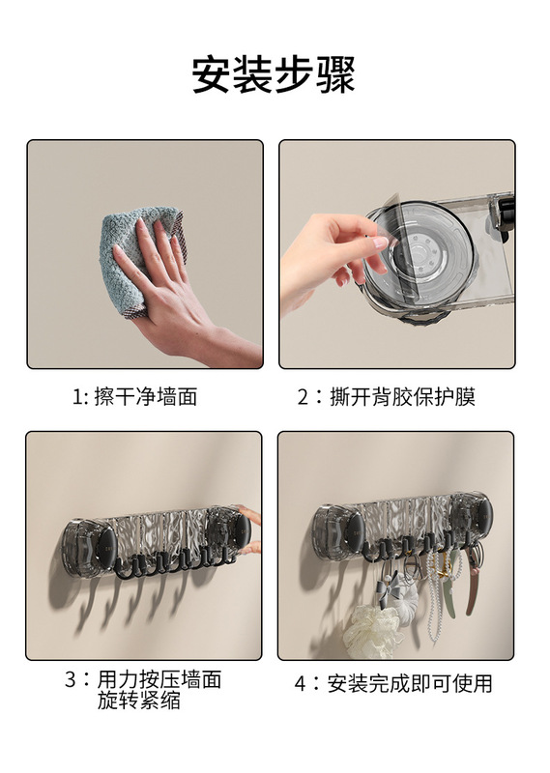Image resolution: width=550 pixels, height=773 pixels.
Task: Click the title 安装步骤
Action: pyautogui.click(x=274, y=75)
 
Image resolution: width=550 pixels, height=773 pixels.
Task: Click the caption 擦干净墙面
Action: pyautogui.click(x=146, y=396)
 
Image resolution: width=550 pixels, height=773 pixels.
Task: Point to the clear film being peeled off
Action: pyautogui.click(x=394, y=246)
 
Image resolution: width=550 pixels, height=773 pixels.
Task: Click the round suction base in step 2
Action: pyautogui.click(x=420, y=256)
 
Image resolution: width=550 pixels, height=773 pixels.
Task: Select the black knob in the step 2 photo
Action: pyautogui.click(x=505, y=212)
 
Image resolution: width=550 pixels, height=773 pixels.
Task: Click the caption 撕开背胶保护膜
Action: pyautogui.click(x=402, y=397)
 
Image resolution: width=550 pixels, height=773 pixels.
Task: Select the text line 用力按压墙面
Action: pyautogui.click(x=159, y=679)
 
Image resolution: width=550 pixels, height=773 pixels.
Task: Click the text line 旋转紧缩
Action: pyautogui.click(x=138, y=701)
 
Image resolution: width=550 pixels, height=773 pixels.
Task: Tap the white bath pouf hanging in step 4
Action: pyautogui.click(x=370, y=630)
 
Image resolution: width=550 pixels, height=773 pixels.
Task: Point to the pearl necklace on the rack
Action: pyautogui.click(x=434, y=591)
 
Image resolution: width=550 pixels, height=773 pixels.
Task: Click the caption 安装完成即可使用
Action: pyautogui.click(x=410, y=684)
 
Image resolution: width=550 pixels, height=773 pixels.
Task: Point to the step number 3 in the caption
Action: pyautogui.click(x=71, y=679)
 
